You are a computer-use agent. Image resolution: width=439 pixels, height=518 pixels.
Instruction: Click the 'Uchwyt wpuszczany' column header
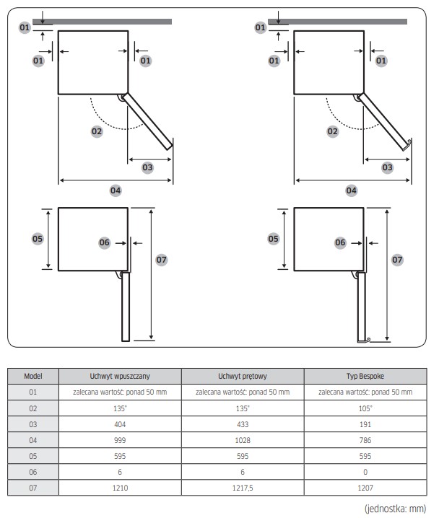[x=120, y=376]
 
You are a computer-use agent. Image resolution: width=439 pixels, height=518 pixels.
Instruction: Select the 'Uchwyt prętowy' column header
[x=243, y=376]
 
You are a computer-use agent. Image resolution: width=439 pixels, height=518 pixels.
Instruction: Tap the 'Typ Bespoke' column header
[x=365, y=376]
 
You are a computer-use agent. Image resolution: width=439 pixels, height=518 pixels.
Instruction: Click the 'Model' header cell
[x=32, y=376]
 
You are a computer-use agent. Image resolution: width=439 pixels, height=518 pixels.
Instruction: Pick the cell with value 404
[x=120, y=424]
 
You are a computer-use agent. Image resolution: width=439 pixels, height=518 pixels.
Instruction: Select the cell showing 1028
[x=243, y=440]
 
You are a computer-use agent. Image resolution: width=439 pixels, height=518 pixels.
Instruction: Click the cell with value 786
[x=365, y=440]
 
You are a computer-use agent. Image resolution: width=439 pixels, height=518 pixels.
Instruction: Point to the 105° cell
[x=365, y=408]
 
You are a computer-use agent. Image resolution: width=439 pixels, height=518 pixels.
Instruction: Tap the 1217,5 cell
[x=243, y=488]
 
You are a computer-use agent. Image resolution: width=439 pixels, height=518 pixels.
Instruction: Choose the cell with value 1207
[x=365, y=488]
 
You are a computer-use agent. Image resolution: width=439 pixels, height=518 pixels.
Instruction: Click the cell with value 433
[x=243, y=424]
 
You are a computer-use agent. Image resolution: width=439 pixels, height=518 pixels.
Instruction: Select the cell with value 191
[x=365, y=424]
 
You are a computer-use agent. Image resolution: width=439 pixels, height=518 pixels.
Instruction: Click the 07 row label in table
[x=32, y=488]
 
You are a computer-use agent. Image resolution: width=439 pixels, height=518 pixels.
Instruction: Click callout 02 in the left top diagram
[x=96, y=131]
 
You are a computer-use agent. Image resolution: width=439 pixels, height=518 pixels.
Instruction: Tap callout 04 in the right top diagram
[x=352, y=190]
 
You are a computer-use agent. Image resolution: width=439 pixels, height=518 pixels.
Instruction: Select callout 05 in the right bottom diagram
[x=274, y=238]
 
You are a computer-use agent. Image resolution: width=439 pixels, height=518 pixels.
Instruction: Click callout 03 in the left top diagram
[x=147, y=167]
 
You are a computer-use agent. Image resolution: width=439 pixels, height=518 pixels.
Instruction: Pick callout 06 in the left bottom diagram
[x=105, y=243]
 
